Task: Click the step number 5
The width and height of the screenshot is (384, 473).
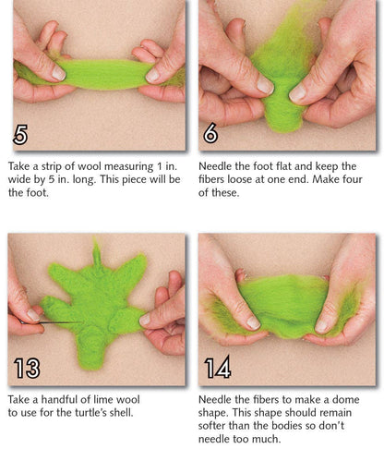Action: tap(20, 134)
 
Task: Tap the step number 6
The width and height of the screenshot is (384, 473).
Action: tap(210, 134)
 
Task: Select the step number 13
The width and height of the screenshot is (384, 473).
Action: tap(28, 369)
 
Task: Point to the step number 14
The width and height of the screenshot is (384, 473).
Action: tap(218, 369)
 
